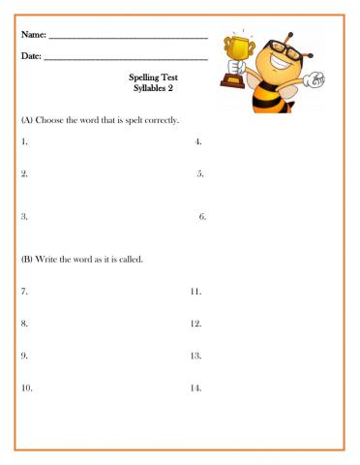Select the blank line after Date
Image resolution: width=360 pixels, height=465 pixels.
[126, 60]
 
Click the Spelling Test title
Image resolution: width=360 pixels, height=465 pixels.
[152, 78]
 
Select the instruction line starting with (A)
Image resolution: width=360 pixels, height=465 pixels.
[101, 120]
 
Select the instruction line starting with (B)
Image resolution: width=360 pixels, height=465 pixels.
[82, 260]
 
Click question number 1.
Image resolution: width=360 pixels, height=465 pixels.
[25, 142]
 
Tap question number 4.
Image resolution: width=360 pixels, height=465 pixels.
[198, 142]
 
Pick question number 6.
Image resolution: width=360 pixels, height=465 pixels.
[202, 217]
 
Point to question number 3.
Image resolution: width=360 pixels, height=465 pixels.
[25, 217]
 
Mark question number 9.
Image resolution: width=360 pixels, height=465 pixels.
[25, 356]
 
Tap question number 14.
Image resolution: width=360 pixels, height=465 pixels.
[195, 388]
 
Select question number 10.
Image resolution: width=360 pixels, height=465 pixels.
[27, 388]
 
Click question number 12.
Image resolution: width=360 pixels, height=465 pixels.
[195, 324]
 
